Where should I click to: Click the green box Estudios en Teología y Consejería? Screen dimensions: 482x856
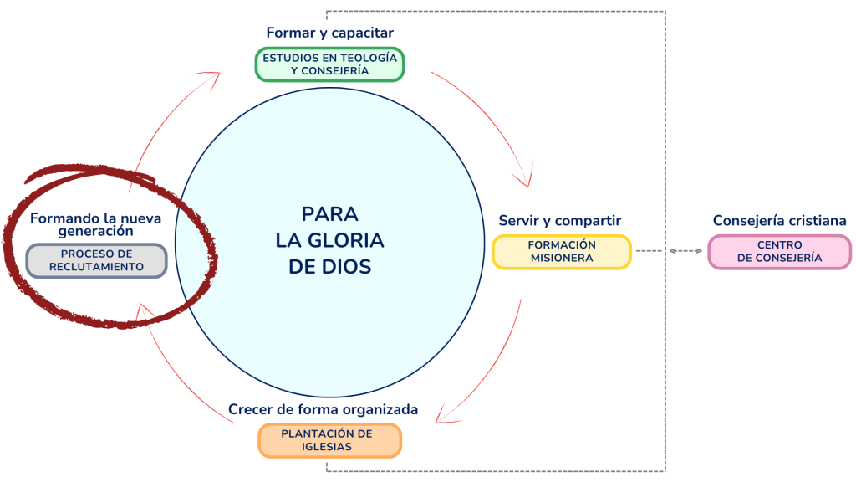click(329, 64)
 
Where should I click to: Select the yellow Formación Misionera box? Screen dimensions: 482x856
click(561, 251)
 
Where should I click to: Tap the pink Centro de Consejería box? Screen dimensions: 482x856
click(779, 251)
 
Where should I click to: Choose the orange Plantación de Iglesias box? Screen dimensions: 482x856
click(329, 440)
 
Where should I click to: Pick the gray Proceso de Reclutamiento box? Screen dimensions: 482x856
click(96, 260)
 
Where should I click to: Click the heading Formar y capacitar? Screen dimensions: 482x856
click(329, 33)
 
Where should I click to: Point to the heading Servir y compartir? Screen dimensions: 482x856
click(559, 221)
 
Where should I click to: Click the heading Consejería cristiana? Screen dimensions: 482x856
click(779, 221)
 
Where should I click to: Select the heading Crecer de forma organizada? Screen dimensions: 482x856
click(323, 410)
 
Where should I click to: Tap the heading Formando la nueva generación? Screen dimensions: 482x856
click(96, 224)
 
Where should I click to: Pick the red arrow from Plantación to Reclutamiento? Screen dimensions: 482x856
click(180, 368)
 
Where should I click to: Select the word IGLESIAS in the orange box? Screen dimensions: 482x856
click(329, 447)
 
